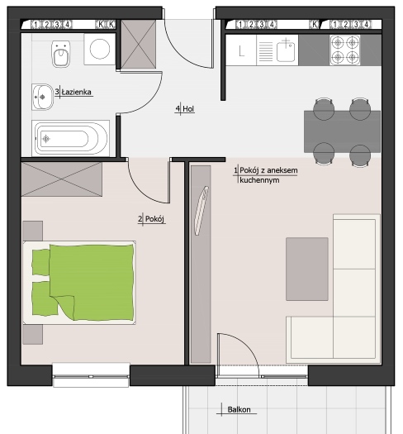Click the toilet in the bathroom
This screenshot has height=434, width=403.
(x=60, y=54)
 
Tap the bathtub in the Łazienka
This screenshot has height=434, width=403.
(x=70, y=138)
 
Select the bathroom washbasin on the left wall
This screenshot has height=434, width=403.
(x=43, y=97)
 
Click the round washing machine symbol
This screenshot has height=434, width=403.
(x=100, y=50)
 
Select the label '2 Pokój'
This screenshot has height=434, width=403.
(x=151, y=219)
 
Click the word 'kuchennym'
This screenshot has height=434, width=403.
(x=259, y=180)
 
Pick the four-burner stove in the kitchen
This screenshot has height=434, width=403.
(x=345, y=50)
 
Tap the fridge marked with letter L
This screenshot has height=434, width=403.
(x=241, y=50)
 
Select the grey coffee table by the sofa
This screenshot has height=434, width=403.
(x=307, y=269)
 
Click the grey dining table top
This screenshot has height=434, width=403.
(x=342, y=131)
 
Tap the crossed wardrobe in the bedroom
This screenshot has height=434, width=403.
(x=62, y=179)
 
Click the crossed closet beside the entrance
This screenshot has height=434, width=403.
(x=139, y=44)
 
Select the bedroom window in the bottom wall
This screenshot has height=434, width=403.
(x=91, y=376)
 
